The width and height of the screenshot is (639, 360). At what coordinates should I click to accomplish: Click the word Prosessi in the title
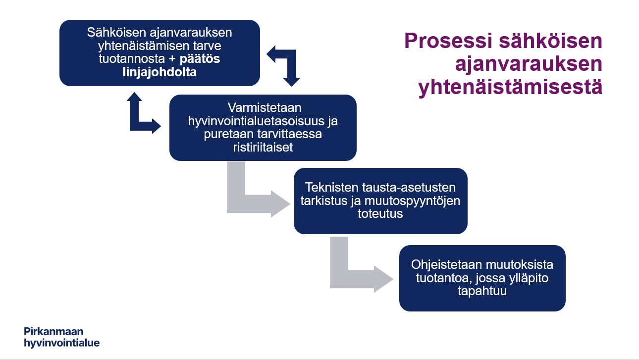pyautogui.click(x=448, y=41)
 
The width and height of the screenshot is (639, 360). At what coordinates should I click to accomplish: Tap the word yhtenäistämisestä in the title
pyautogui.click(x=510, y=87)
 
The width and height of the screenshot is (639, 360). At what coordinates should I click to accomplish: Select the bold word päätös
pyautogui.click(x=200, y=59)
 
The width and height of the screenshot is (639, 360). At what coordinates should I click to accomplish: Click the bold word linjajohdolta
pyautogui.click(x=160, y=72)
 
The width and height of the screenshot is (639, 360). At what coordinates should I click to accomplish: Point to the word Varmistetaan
pyautogui.click(x=265, y=108)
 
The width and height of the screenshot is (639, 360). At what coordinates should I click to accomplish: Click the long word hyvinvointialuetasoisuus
pyautogui.click(x=256, y=121)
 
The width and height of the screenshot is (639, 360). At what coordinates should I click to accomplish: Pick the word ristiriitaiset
pyautogui.click(x=263, y=148)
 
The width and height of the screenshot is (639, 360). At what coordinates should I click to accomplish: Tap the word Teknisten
pyautogui.click(x=332, y=187)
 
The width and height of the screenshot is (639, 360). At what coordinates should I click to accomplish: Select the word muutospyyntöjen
pyautogui.click(x=412, y=201)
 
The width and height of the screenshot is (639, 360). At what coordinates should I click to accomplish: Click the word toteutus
pyautogui.click(x=380, y=213)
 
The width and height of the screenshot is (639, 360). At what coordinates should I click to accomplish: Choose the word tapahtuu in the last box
pyautogui.click(x=482, y=291)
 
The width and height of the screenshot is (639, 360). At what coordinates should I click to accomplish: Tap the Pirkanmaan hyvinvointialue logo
pyautogui.click(x=61, y=337)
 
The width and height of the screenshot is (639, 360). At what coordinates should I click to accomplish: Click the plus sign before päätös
pyautogui.click(x=172, y=59)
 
